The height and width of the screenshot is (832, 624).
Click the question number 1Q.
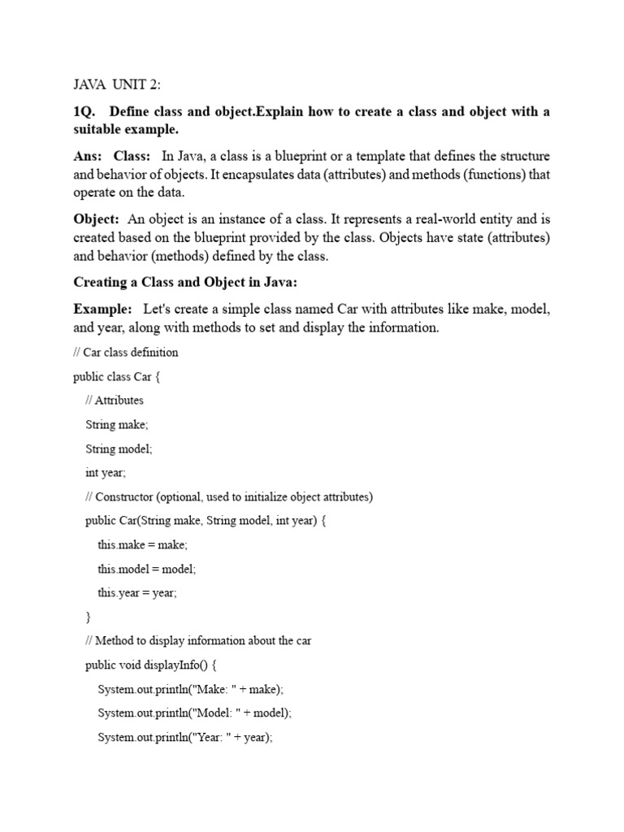[x=84, y=111]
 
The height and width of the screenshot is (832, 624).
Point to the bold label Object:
[x=97, y=219]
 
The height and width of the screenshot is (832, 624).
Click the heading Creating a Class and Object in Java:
[x=186, y=282]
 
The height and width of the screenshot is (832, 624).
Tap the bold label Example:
[x=102, y=310]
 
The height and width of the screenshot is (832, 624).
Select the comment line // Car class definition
[x=126, y=353]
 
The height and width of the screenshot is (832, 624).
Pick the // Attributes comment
[x=115, y=400]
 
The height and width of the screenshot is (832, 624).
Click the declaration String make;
[x=117, y=424]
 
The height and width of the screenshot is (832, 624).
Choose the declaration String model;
[x=119, y=448]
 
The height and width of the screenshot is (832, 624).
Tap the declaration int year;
[x=106, y=472]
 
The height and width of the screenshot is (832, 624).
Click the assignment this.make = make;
[x=142, y=544]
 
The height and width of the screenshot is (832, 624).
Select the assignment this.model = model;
[x=147, y=569]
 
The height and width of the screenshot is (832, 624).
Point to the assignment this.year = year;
[x=137, y=593]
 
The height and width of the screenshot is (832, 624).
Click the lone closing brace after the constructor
[x=89, y=617]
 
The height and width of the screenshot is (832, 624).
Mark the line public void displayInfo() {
[x=150, y=665]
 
